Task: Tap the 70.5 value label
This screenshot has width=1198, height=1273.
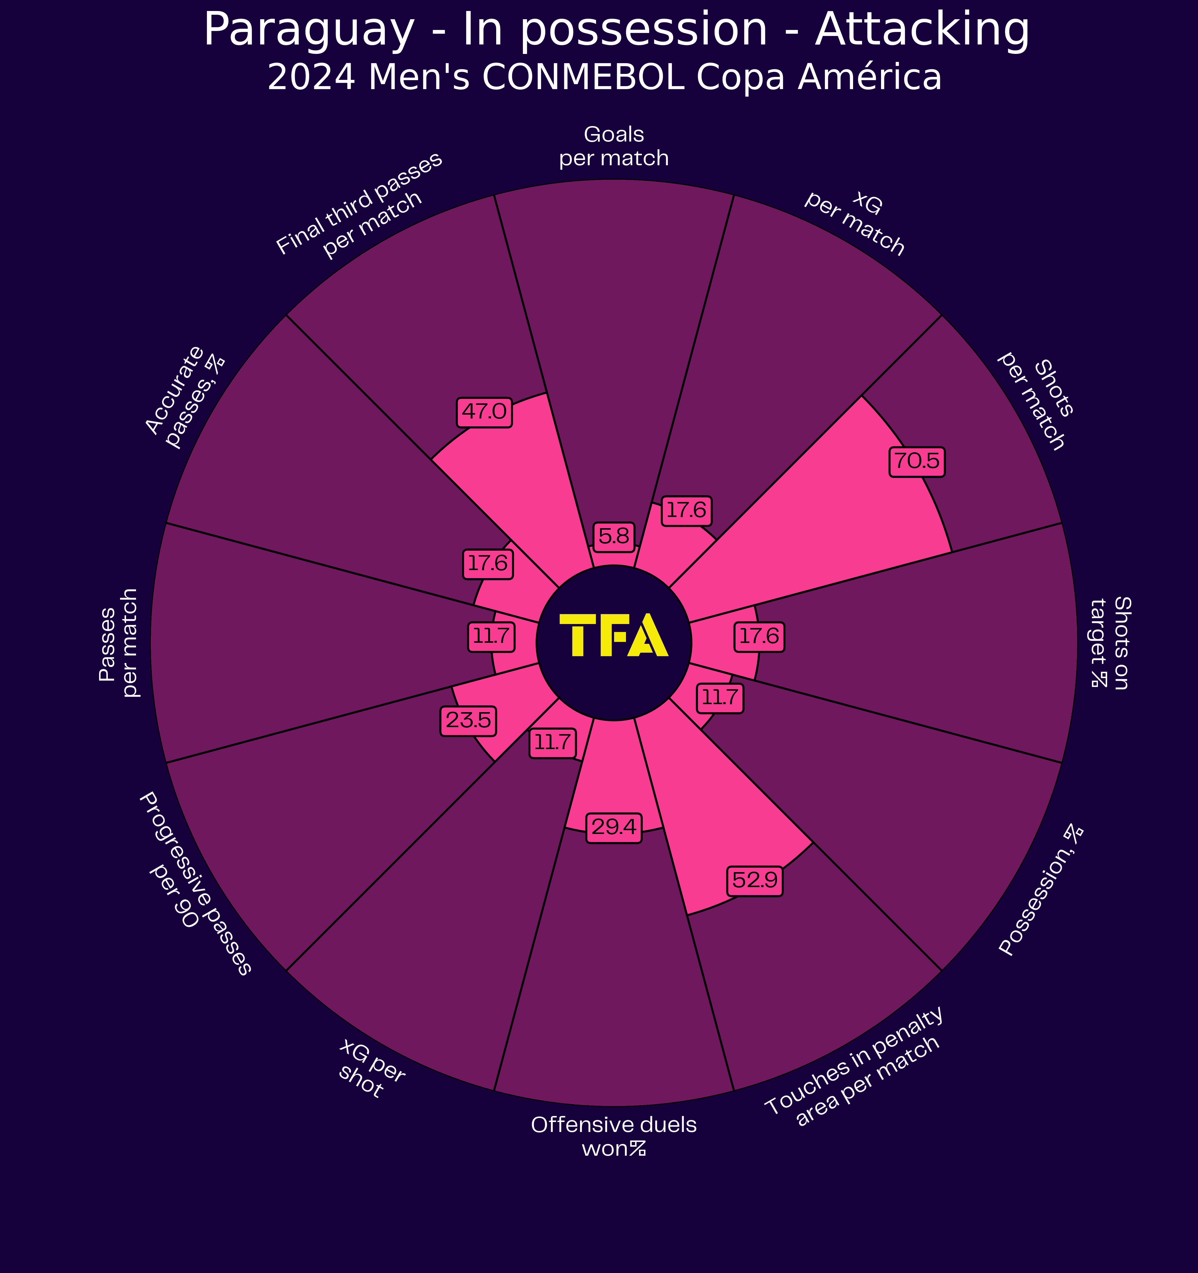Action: [917, 462]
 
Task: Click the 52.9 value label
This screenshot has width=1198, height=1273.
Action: [754, 880]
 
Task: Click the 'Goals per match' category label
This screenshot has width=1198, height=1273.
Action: [613, 147]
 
